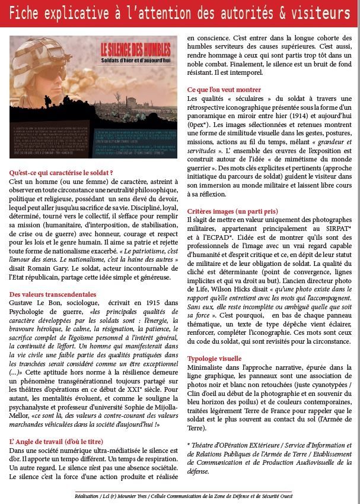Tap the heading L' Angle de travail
click(x=56, y=442)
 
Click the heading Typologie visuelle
click(x=214, y=359)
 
